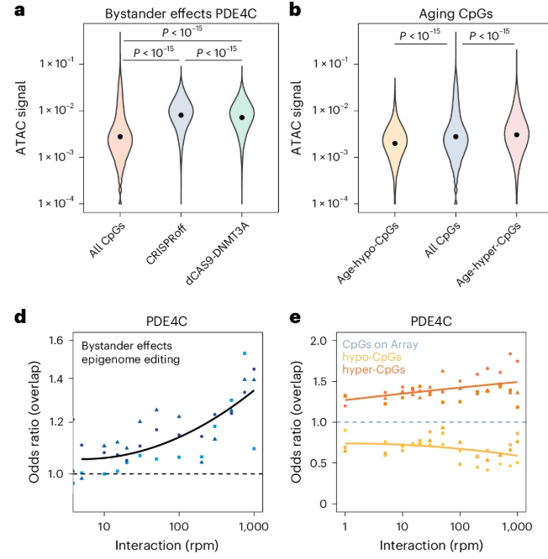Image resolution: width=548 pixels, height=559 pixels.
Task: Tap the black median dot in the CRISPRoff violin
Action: coord(181,115)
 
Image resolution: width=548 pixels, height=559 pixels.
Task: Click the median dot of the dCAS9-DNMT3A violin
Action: coord(241,118)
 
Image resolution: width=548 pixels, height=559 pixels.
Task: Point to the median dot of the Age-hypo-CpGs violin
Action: coord(395,144)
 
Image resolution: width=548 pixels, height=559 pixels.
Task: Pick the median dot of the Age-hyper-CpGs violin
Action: coord(517,134)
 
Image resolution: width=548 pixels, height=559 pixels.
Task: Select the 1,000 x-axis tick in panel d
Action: coord(253,526)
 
